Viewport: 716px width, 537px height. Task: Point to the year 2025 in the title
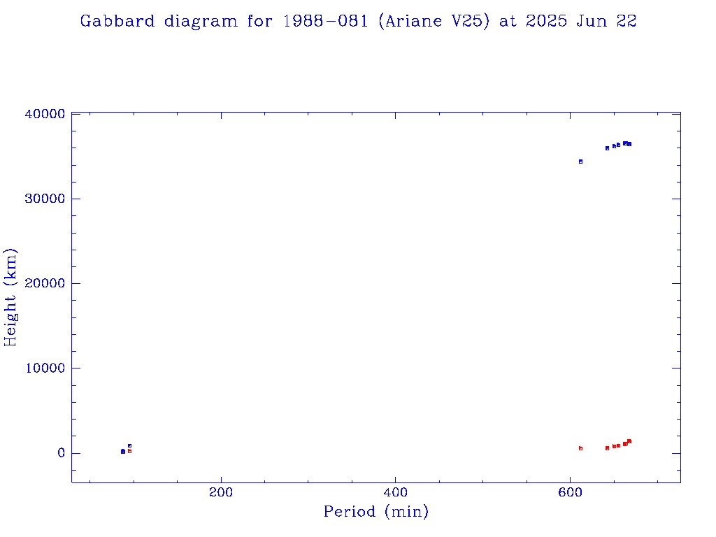pyautogui.click(x=547, y=21)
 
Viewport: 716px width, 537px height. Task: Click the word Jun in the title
pyautogui.click(x=592, y=21)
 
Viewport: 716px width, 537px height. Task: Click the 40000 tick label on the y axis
pyautogui.click(x=44, y=114)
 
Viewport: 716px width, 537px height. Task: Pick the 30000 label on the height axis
pyautogui.click(x=44, y=199)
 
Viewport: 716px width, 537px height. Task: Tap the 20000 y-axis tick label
pyautogui.click(x=44, y=283)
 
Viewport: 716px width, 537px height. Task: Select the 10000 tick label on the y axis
pyautogui.click(x=44, y=368)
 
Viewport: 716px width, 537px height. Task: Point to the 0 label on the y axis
pyautogui.click(x=62, y=453)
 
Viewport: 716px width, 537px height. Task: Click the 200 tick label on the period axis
pyautogui.click(x=221, y=492)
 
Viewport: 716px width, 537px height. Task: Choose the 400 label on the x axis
pyautogui.click(x=395, y=492)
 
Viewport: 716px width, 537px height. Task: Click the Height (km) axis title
pyautogui.click(x=11, y=297)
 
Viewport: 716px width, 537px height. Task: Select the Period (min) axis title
pyautogui.click(x=376, y=513)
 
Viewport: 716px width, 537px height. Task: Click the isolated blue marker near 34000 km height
pyautogui.click(x=580, y=162)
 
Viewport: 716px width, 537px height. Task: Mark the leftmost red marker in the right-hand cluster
pyautogui.click(x=580, y=448)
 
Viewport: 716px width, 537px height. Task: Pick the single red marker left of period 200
pyautogui.click(x=129, y=451)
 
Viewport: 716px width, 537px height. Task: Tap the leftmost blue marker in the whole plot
pyautogui.click(x=122, y=451)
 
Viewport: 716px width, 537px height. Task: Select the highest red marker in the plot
pyautogui.click(x=629, y=441)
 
